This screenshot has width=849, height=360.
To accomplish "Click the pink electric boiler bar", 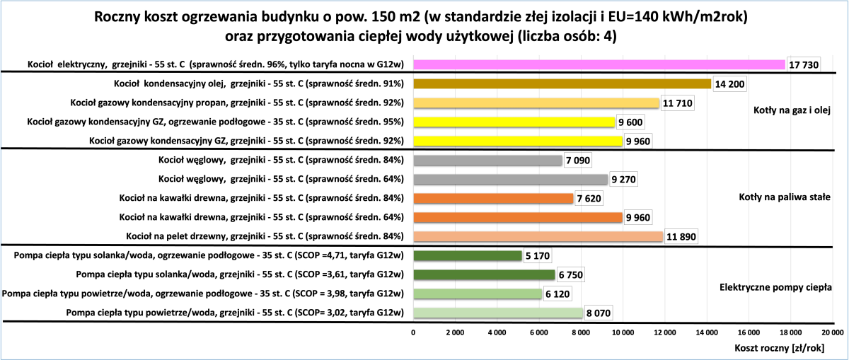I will tap(599, 64).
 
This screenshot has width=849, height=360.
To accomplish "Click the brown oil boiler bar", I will tap(562, 83).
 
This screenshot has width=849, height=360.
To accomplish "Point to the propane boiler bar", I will tap(536, 103).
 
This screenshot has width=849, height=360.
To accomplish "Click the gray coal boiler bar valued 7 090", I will tap(487, 160).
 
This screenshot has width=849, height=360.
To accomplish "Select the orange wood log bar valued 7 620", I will tap(493, 198).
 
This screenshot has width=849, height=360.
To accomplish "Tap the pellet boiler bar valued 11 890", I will tap(538, 236).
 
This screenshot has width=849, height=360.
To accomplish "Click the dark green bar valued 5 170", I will tap(468, 255).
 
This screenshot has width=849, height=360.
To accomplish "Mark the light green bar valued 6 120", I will tap(478, 294).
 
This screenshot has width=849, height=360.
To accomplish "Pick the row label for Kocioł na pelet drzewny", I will tap(264, 236).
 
